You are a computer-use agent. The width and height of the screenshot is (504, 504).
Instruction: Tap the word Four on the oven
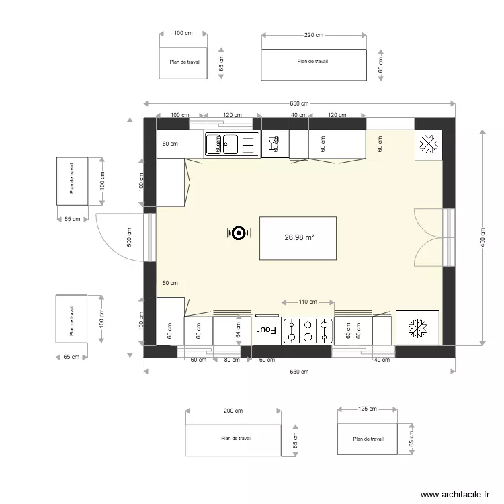pyautogui.click(x=267, y=330)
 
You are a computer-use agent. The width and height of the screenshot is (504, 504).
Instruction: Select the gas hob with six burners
pyautogui.click(x=308, y=330)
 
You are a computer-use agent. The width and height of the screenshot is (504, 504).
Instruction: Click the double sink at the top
pyautogui.click(x=231, y=143)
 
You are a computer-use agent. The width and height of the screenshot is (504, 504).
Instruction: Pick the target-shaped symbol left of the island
pyautogui.click(x=237, y=233)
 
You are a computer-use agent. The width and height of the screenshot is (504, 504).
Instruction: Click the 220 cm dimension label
pyautogui.click(x=314, y=35)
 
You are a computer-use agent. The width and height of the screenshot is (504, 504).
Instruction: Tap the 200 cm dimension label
pyautogui.click(x=233, y=411)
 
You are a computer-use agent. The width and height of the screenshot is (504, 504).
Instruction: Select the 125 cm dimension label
pyautogui.click(x=367, y=409)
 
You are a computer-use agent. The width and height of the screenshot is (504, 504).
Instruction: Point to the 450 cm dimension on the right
pyautogui.click(x=482, y=237)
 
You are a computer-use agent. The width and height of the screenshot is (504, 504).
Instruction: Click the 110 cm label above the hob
pyautogui.click(x=308, y=302)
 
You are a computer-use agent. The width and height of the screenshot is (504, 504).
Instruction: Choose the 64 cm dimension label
pyautogui.click(x=239, y=330)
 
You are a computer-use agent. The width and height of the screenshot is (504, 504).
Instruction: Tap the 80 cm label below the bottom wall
pyautogui.click(x=231, y=360)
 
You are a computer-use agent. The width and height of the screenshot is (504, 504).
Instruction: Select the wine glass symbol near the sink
pyautogui.click(x=274, y=143)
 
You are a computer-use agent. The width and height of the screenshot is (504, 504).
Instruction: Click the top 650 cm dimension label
pyautogui.click(x=299, y=103)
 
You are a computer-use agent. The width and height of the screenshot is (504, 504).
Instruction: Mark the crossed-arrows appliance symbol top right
pyautogui.click(x=428, y=144)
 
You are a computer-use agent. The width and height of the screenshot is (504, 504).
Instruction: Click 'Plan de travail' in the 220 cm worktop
pyautogui.click(x=313, y=62)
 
